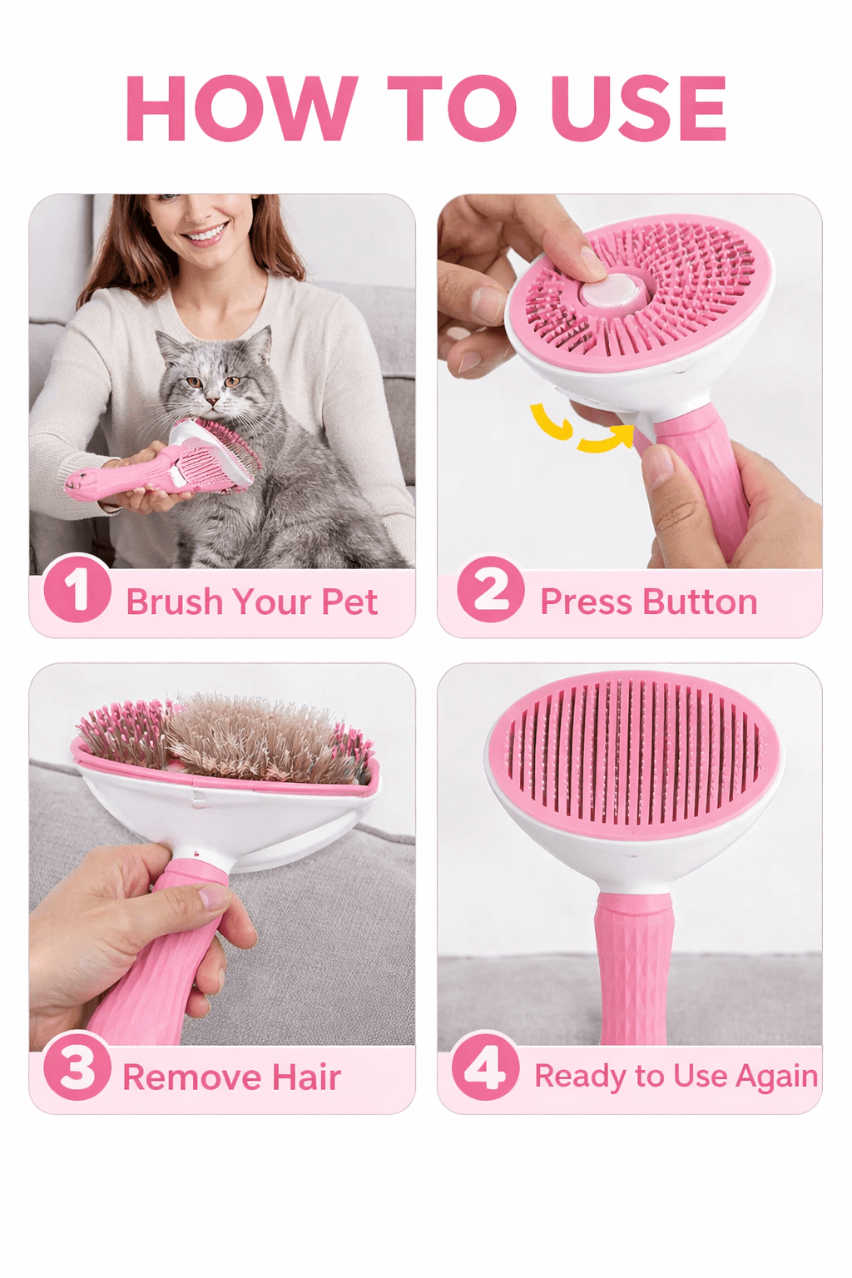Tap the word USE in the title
coord(638,108)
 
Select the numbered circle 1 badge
coord(77,589)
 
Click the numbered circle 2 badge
coord(491,589)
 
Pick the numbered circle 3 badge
coord(77,1066)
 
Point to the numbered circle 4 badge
coord(485,1066)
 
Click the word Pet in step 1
coord(349,602)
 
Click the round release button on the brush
coord(610,293)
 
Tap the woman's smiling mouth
coord(205,234)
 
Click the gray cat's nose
coord(213,400)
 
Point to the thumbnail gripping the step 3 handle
coord(213,896)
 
